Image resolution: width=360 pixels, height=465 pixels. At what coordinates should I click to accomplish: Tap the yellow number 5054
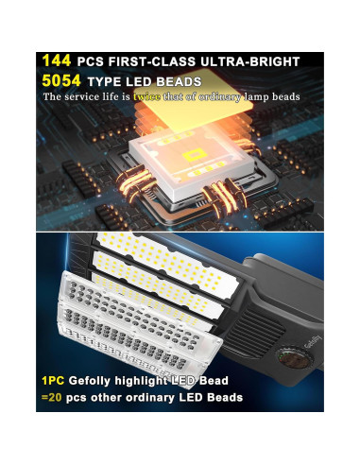tap(61, 80)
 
